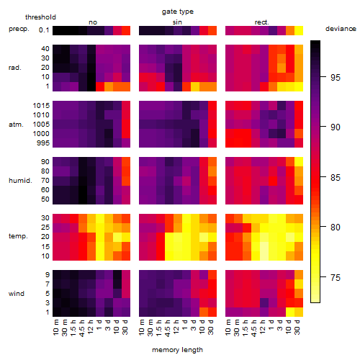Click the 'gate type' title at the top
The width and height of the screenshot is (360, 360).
pyautogui.click(x=178, y=12)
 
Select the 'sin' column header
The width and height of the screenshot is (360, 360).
pyautogui.click(x=177, y=22)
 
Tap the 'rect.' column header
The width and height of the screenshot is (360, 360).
pyautogui.click(x=261, y=22)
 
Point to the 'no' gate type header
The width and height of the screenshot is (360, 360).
pyautogui.click(x=93, y=22)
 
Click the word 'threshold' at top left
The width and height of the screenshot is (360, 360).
pyautogui.click(x=40, y=17)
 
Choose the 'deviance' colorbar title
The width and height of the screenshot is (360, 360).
pyautogui.click(x=341, y=29)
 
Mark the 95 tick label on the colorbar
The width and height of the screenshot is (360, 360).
pyautogui.click(x=336, y=78)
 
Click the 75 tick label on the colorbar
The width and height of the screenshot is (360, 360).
pyautogui.click(x=336, y=278)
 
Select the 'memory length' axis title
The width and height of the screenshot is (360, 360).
pyautogui.click(x=177, y=350)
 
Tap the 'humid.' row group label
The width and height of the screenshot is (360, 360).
pyautogui.click(x=20, y=181)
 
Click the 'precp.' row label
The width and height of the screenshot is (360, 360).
pyautogui.click(x=19, y=30)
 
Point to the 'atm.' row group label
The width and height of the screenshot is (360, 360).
pyautogui.click(x=16, y=125)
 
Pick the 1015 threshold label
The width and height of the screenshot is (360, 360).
pyautogui.click(x=41, y=106)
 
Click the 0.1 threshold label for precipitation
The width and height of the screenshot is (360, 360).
pyautogui.click(x=44, y=30)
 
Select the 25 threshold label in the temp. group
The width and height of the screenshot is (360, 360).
pyautogui.click(x=45, y=228)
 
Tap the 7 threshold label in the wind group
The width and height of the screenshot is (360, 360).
pyautogui.click(x=48, y=284)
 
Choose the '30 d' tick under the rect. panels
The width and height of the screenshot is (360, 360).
pyautogui.click(x=297, y=327)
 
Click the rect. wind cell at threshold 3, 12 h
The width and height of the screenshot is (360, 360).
pyautogui.click(x=264, y=302)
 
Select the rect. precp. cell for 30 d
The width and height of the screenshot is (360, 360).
pyautogui.click(x=299, y=31)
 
